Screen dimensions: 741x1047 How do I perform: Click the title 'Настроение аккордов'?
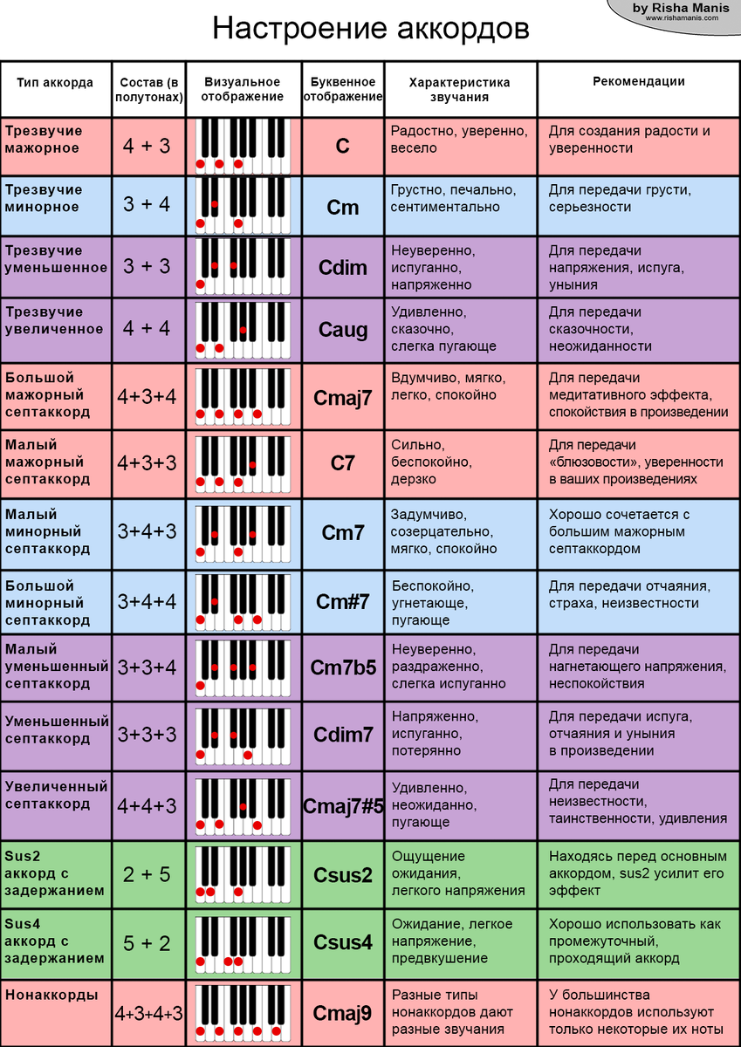coord(370,29)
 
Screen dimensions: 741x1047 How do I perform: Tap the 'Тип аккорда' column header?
coord(55,83)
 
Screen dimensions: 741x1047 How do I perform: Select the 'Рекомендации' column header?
coord(638,82)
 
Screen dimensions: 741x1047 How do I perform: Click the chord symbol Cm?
coord(343,208)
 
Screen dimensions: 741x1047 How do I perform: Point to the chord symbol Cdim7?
coord(343,735)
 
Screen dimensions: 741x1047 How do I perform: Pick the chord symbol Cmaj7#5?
coord(343,805)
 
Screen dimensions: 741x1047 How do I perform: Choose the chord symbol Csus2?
coord(343,874)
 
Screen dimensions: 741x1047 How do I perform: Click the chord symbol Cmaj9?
coord(343,1013)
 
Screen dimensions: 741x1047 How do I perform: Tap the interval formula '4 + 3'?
coord(147,146)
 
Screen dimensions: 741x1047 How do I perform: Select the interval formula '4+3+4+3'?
coord(148,1013)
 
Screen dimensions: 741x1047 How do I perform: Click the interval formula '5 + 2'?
coord(147,942)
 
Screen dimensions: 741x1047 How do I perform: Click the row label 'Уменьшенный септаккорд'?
coord(56,729)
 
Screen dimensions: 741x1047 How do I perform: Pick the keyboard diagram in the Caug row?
coord(243,330)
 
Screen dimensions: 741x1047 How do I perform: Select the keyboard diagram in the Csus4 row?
coord(243,942)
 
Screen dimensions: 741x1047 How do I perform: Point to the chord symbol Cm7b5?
coord(343,667)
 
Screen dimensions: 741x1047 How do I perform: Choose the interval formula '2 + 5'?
coord(147,873)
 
